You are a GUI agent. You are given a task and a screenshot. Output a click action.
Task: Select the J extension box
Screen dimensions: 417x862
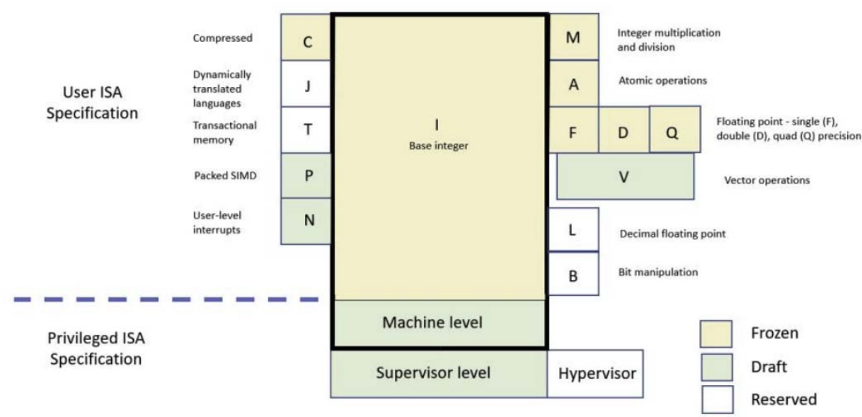306,85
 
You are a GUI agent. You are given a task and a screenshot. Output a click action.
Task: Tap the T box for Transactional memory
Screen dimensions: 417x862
306,130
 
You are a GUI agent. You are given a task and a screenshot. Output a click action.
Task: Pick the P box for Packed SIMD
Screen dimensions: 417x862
306,176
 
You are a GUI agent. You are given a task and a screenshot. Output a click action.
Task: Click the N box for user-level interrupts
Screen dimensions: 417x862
306,221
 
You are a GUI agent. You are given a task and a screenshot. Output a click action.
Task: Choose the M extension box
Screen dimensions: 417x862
574,38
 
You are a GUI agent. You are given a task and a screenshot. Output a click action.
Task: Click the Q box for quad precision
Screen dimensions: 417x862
674,130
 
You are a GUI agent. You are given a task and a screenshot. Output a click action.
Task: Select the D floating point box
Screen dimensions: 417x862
623,130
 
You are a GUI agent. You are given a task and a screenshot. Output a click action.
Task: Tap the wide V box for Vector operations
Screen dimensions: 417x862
623,177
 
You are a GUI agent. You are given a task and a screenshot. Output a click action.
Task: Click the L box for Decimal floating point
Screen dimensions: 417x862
574,229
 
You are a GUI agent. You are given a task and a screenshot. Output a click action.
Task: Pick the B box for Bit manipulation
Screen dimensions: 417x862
574,274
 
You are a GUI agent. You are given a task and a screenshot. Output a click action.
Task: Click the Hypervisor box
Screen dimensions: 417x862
596,373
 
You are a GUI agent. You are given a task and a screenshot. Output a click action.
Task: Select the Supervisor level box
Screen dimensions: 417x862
439,373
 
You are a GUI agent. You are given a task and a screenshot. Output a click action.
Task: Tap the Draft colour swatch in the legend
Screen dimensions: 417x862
717,367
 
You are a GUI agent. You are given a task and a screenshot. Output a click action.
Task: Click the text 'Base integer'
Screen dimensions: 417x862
437,147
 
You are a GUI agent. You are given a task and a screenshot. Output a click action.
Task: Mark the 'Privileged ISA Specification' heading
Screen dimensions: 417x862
95,348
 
